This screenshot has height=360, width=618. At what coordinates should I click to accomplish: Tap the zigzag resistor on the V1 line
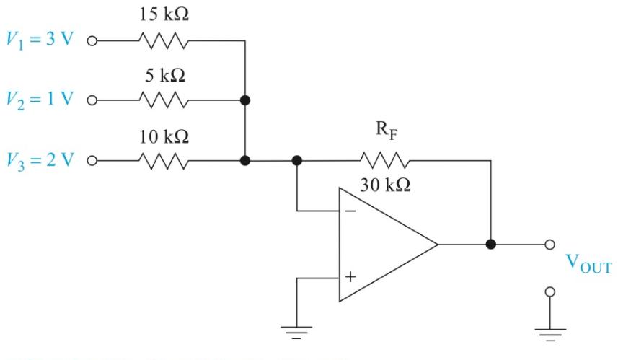point(164,41)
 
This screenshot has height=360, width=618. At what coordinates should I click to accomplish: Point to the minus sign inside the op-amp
point(350,212)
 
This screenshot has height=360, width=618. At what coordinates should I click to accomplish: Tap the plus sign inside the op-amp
point(350,276)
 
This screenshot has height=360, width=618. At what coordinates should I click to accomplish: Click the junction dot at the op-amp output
point(491,245)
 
